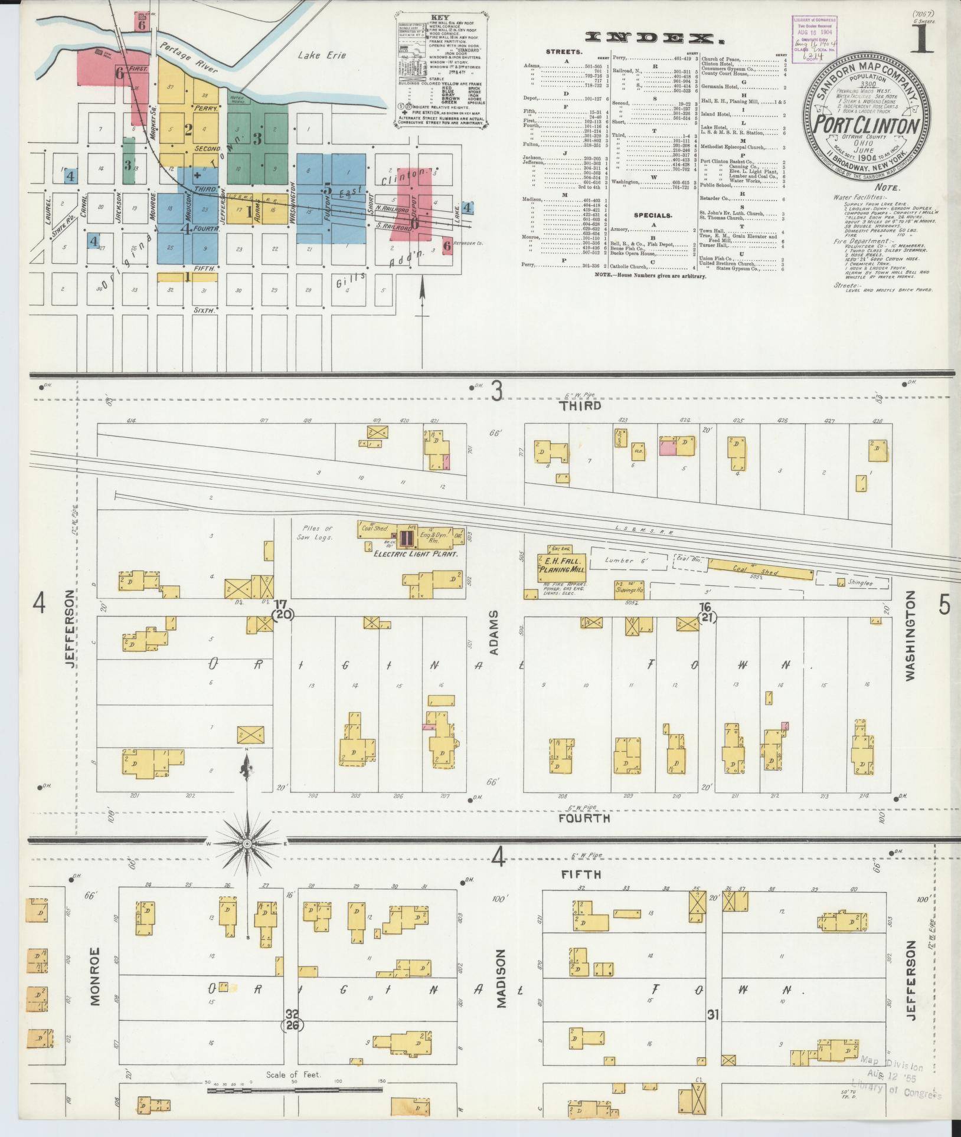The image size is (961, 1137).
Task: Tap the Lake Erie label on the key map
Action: pos(322,55)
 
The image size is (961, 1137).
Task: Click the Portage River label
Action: pos(189,57)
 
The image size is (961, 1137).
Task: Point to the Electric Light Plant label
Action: pos(416,554)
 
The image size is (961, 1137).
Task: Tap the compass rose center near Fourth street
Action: pos(247,844)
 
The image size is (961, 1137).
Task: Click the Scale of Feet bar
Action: pos(293,1090)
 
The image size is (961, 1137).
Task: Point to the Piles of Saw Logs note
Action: pos(318,533)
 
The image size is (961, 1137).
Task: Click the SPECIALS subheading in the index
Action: pos(653,215)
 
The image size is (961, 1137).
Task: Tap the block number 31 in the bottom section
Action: pos(713,1014)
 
